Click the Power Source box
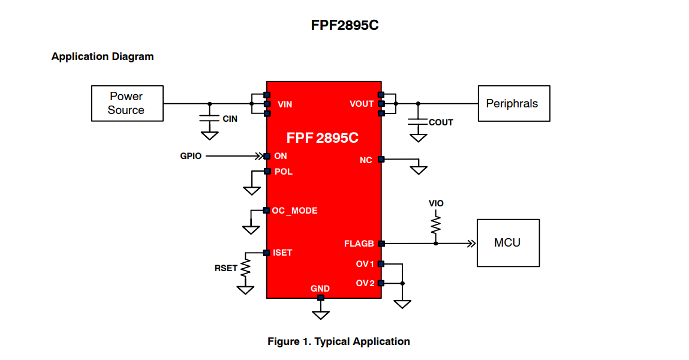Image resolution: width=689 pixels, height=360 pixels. [127, 103]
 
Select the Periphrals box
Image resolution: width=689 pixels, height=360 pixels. [513, 103]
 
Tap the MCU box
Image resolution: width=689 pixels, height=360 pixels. [507, 242]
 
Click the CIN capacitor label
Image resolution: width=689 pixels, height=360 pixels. [230, 119]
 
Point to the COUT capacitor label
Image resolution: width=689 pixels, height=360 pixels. [441, 122]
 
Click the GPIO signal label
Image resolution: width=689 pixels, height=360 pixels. [191, 156]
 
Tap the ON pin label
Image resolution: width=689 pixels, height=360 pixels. [280, 156]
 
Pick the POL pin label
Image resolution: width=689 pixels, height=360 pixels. [283, 172]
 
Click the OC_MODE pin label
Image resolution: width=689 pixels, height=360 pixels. [294, 211]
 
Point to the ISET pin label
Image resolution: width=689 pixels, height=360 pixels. [282, 253]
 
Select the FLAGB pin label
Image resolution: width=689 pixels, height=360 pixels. [359, 244]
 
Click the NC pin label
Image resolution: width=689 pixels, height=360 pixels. [366, 160]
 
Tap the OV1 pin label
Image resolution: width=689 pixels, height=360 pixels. [365, 264]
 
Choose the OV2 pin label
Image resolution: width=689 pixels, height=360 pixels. [365, 283]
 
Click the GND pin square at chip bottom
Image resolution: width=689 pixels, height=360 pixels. [321, 298]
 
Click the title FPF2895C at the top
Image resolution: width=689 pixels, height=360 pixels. [344, 25]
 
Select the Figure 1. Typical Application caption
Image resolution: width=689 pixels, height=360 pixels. [338, 341]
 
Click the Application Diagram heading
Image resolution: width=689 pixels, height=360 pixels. [103, 56]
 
